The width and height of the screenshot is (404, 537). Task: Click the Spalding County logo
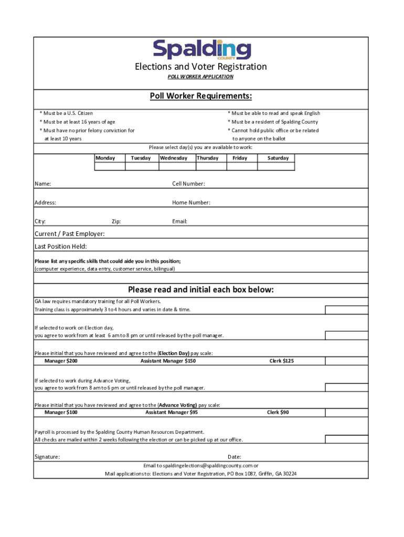[202, 50]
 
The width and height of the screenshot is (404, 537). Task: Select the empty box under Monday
[110, 167]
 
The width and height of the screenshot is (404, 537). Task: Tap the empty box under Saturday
[278, 167]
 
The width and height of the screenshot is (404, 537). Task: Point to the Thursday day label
[208, 158]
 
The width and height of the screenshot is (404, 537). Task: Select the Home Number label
[191, 203]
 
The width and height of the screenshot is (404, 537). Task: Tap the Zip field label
[116, 222]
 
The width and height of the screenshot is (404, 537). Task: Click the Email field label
[179, 222]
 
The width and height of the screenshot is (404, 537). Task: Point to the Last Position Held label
[60, 246]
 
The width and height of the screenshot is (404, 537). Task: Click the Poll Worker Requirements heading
[201, 96]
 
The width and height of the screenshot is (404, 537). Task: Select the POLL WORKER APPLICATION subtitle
[200, 77]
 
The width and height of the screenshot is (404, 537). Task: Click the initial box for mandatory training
[346, 310]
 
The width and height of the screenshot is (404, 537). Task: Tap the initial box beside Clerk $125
[346, 361]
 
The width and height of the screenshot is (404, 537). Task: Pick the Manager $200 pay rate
[61, 361]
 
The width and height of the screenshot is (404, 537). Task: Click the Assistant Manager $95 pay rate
[172, 413]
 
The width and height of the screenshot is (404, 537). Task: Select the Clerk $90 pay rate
[278, 413]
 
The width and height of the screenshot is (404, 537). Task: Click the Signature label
[47, 457]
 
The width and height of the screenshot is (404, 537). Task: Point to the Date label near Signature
[234, 457]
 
